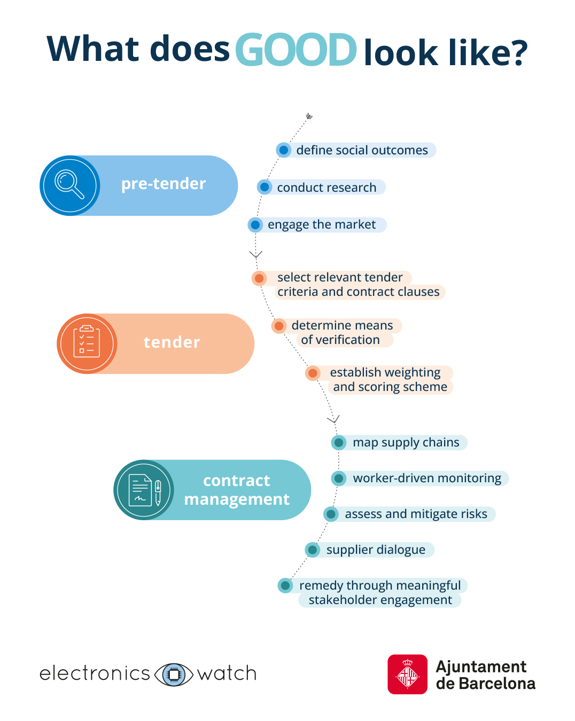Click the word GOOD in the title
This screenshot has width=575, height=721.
(296, 50)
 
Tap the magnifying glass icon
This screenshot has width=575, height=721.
(69, 185)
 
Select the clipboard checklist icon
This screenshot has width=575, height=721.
(87, 343)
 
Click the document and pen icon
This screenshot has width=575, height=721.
(144, 490)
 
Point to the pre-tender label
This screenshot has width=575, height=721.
(163, 184)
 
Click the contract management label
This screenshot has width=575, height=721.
(237, 490)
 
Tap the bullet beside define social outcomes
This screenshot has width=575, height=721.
(284, 150)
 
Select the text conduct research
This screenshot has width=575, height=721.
(327, 187)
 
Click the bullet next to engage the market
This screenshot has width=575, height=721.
(255, 225)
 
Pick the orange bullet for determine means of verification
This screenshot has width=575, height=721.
(279, 326)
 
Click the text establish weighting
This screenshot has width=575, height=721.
(385, 372)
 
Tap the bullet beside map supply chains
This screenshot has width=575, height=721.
(339, 442)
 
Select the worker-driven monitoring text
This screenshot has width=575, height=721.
(427, 478)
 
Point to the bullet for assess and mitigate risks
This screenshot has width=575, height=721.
(331, 514)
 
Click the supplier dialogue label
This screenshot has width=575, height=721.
(376, 550)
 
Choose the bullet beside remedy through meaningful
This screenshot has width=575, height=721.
(285, 585)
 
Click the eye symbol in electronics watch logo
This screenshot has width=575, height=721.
(174, 674)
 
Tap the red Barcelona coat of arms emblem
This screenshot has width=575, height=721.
(407, 675)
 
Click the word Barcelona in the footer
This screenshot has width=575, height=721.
(496, 684)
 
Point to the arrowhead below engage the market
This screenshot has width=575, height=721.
(256, 255)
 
